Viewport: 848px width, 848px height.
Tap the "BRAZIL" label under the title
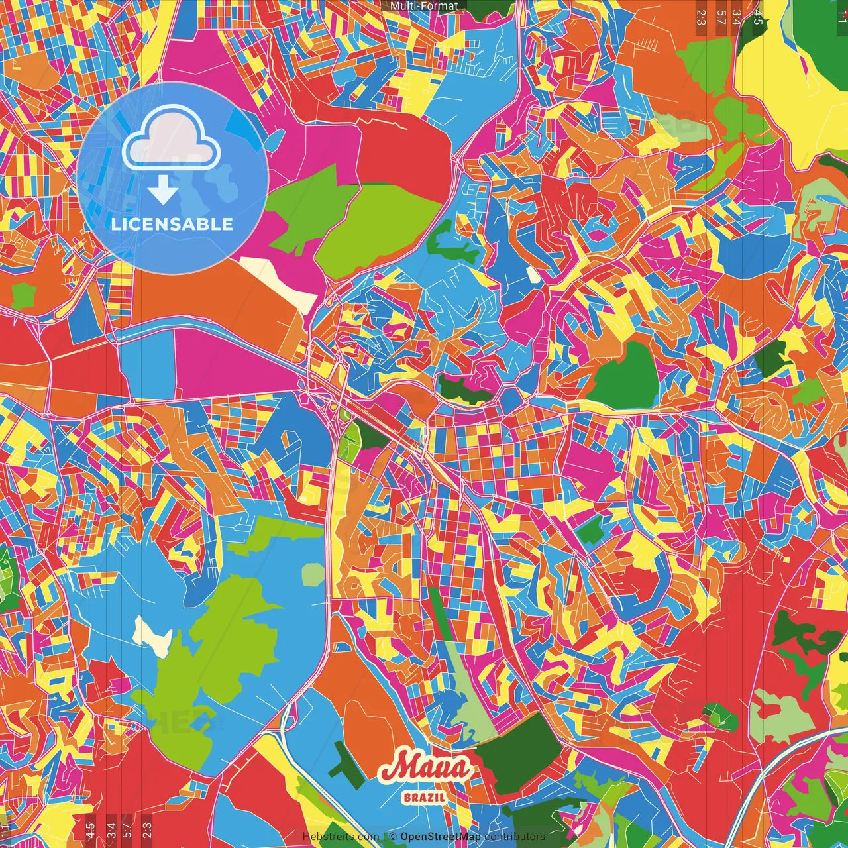(x=424, y=797)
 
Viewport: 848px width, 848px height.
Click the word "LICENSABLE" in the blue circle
(x=172, y=224)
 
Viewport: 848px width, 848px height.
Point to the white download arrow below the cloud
(x=163, y=191)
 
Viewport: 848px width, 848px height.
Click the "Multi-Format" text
(x=424, y=6)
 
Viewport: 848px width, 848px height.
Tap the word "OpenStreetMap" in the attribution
(x=441, y=837)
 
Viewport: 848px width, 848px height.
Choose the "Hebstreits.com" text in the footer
(x=341, y=837)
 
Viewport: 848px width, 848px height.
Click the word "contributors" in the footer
(x=515, y=837)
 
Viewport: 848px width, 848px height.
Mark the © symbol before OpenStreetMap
(x=393, y=837)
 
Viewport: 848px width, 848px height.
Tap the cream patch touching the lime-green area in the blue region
(x=152, y=634)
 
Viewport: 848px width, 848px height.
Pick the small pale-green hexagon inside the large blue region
(x=313, y=574)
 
